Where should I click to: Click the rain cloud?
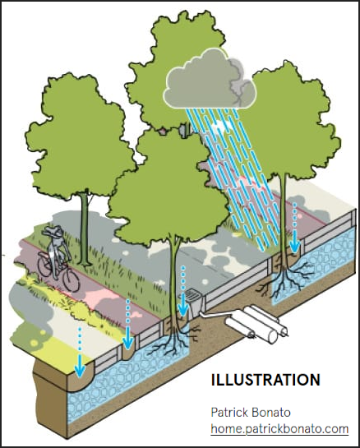pos(210,80)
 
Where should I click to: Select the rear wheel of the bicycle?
pos(44,265)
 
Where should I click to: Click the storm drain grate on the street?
pos(192,294)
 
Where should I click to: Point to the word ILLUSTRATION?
pos(265,380)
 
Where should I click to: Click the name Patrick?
pos(229,412)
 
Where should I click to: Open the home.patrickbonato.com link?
pos(279,429)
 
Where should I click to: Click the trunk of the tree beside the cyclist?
pos(84,229)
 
